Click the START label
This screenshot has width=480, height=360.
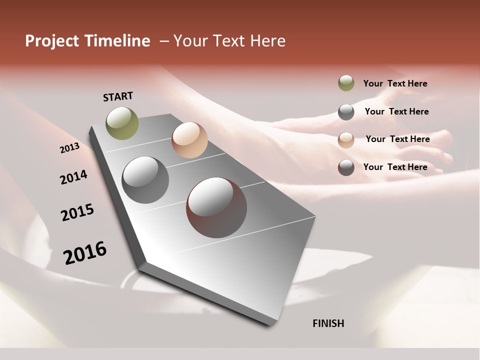point(118,96)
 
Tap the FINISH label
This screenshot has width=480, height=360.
point(328,323)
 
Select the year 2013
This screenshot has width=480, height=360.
point(69,148)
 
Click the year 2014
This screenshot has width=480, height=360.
point(73,177)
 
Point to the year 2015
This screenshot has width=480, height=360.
point(77,212)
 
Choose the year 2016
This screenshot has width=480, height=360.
point(85,252)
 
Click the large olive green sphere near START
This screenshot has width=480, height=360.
point(122,123)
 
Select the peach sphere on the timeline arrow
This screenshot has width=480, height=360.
point(189,140)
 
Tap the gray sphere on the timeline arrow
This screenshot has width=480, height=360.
point(145,179)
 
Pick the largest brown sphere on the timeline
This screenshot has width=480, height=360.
point(216,207)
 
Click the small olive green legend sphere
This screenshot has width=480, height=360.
point(346,83)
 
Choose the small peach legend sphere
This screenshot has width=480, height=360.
point(346,139)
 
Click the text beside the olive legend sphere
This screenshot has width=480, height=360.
point(395,83)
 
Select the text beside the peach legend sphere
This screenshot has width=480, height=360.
point(397,139)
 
